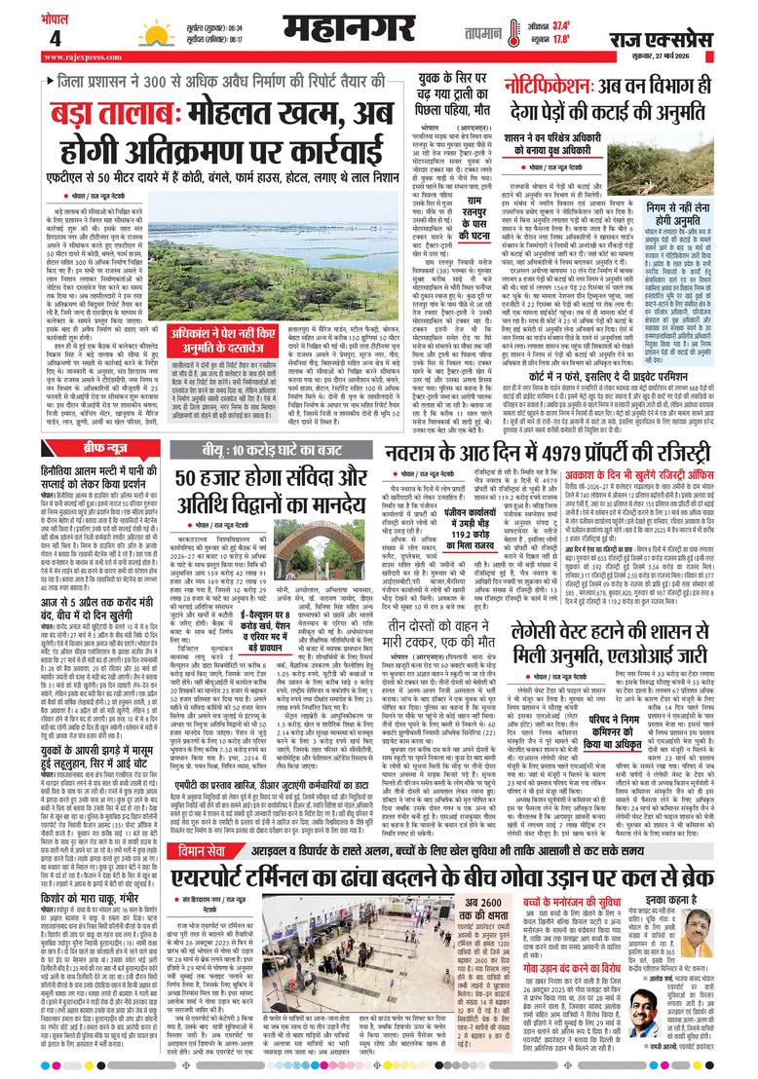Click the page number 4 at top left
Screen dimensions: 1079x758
[28, 38]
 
